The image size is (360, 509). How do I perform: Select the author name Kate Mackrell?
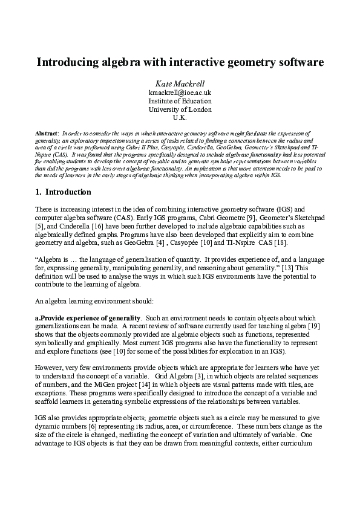(x=180, y=83)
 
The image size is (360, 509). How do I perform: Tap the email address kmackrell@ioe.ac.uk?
(x=180, y=92)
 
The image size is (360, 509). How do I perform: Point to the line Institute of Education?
(x=180, y=101)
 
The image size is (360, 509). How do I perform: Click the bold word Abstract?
(x=47, y=132)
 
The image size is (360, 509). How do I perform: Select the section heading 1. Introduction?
(x=63, y=193)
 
